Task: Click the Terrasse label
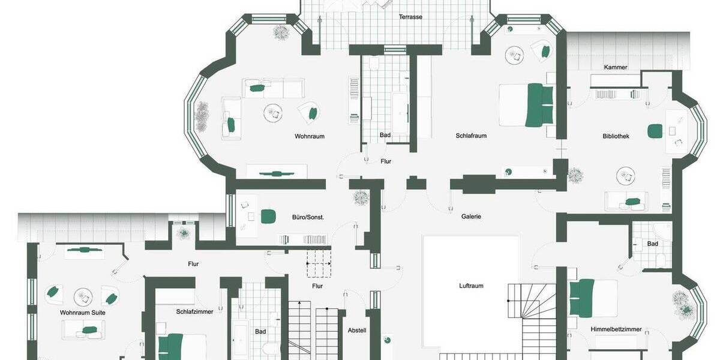pyautogui.click(x=410, y=17)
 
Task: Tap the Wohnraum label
pyautogui.click(x=310, y=136)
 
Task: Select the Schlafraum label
pyautogui.click(x=471, y=136)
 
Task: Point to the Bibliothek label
pyautogui.click(x=616, y=136)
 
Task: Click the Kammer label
pyautogui.click(x=616, y=67)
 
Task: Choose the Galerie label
pyautogui.click(x=471, y=217)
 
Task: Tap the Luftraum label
pyautogui.click(x=471, y=286)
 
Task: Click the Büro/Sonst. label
pyautogui.click(x=308, y=217)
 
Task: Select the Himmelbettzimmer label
pyautogui.click(x=616, y=329)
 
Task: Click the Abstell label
pyautogui.click(x=357, y=331)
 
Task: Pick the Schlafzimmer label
pyautogui.click(x=194, y=312)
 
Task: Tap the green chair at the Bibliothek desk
pyautogui.click(x=655, y=130)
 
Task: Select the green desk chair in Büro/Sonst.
pyautogui.click(x=268, y=216)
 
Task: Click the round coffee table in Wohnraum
pyautogui.click(x=274, y=112)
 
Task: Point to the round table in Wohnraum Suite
pyautogui.click(x=82, y=296)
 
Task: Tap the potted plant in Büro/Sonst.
pyautogui.click(x=361, y=197)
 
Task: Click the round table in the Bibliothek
pyautogui.click(x=625, y=175)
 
